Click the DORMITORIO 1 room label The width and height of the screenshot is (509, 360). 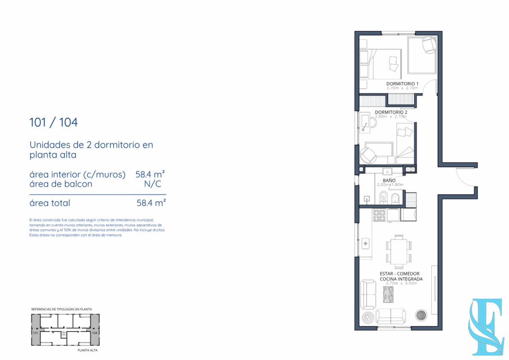[x=402, y=83]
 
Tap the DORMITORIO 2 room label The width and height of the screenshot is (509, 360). [x=391, y=112]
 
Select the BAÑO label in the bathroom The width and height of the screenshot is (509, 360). [x=389, y=180]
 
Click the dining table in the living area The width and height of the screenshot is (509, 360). [x=398, y=252]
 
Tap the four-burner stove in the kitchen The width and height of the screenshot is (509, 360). [x=379, y=216]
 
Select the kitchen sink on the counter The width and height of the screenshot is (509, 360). [x=366, y=244]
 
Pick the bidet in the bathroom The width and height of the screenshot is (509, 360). [x=395, y=197]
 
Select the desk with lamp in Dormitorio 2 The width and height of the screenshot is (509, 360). [x=365, y=123]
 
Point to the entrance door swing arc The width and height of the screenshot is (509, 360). [x=467, y=176]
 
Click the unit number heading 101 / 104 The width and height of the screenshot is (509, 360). [x=53, y=123]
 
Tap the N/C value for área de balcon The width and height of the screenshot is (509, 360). [x=153, y=184]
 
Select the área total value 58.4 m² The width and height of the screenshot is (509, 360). [x=151, y=203]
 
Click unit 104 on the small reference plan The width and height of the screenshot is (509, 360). [x=95, y=333]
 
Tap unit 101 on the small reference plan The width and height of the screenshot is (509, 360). [x=35, y=333]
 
